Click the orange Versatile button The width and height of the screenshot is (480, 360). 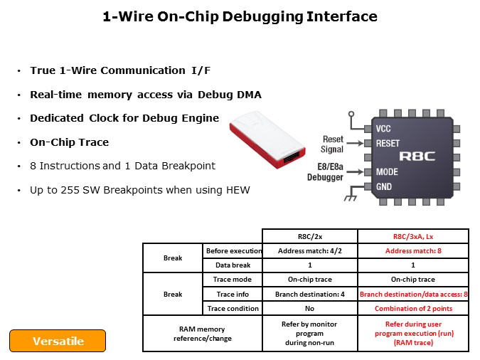tap(58, 341)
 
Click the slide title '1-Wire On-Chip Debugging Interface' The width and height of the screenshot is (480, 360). tap(240, 16)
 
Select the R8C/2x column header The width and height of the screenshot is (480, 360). tap(309, 236)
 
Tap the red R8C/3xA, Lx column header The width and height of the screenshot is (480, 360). tap(412, 236)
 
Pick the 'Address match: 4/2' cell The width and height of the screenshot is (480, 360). tap(309, 250)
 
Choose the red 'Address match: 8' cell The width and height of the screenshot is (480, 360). tap(412, 250)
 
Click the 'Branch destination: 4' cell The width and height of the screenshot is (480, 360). tap(309, 294)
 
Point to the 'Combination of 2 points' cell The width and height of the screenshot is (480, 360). tap(412, 308)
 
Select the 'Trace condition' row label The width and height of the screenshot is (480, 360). tap(233, 308)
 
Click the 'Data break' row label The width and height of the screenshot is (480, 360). tap(233, 265)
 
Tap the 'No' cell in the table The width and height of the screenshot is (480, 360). tap(309, 308)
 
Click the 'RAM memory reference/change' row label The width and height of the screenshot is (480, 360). tap(203, 333)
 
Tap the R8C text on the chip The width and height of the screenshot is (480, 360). tap(417, 156)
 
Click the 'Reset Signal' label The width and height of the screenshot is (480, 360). tap(333, 144)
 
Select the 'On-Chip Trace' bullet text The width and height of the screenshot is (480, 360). tap(69, 142)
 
